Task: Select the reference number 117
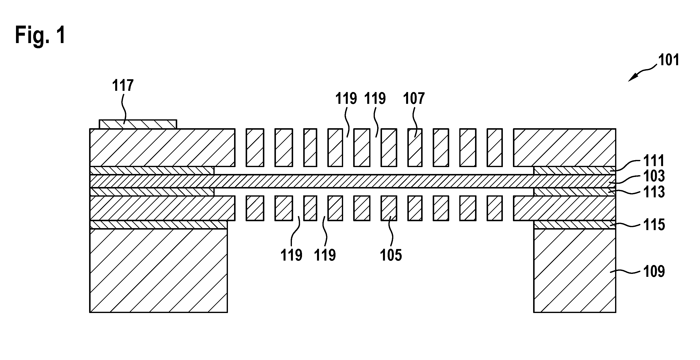(123, 85)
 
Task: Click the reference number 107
(414, 98)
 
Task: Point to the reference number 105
(391, 255)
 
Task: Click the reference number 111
(654, 161)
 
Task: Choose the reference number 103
(654, 176)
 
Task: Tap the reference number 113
(654, 192)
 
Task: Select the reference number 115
(654, 225)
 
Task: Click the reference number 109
(654, 271)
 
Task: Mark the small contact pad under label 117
(138, 124)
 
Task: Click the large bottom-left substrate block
(159, 271)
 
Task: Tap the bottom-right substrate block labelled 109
(575, 271)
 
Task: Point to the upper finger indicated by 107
(415, 148)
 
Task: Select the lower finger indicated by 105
(389, 208)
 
